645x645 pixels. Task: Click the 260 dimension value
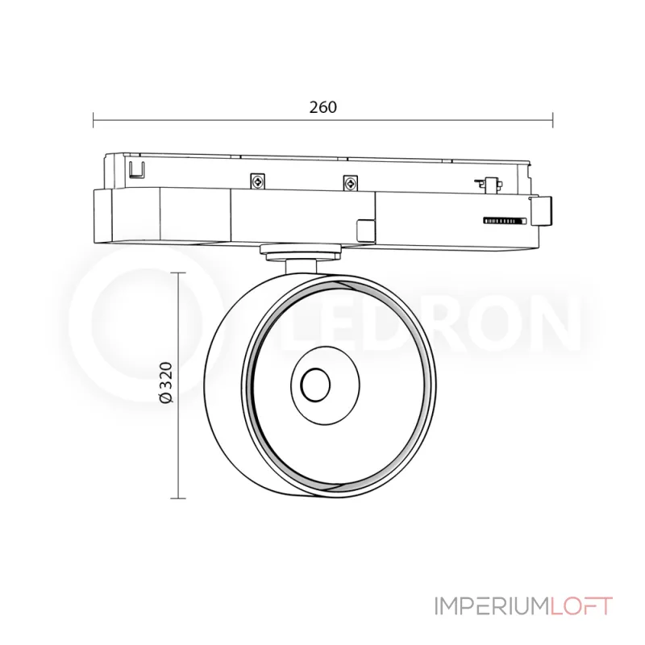pos(322,106)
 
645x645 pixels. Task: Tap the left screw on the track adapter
pos(256,182)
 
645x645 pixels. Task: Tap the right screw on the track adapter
pos(349,182)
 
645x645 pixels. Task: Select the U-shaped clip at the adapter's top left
pos(137,169)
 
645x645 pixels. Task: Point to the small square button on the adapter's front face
pos(364,229)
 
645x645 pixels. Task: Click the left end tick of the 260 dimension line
pos(94,121)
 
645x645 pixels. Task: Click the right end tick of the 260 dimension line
pos(552,121)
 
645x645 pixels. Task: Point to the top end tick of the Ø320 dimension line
pos(178,273)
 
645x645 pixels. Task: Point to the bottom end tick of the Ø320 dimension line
pos(178,498)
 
